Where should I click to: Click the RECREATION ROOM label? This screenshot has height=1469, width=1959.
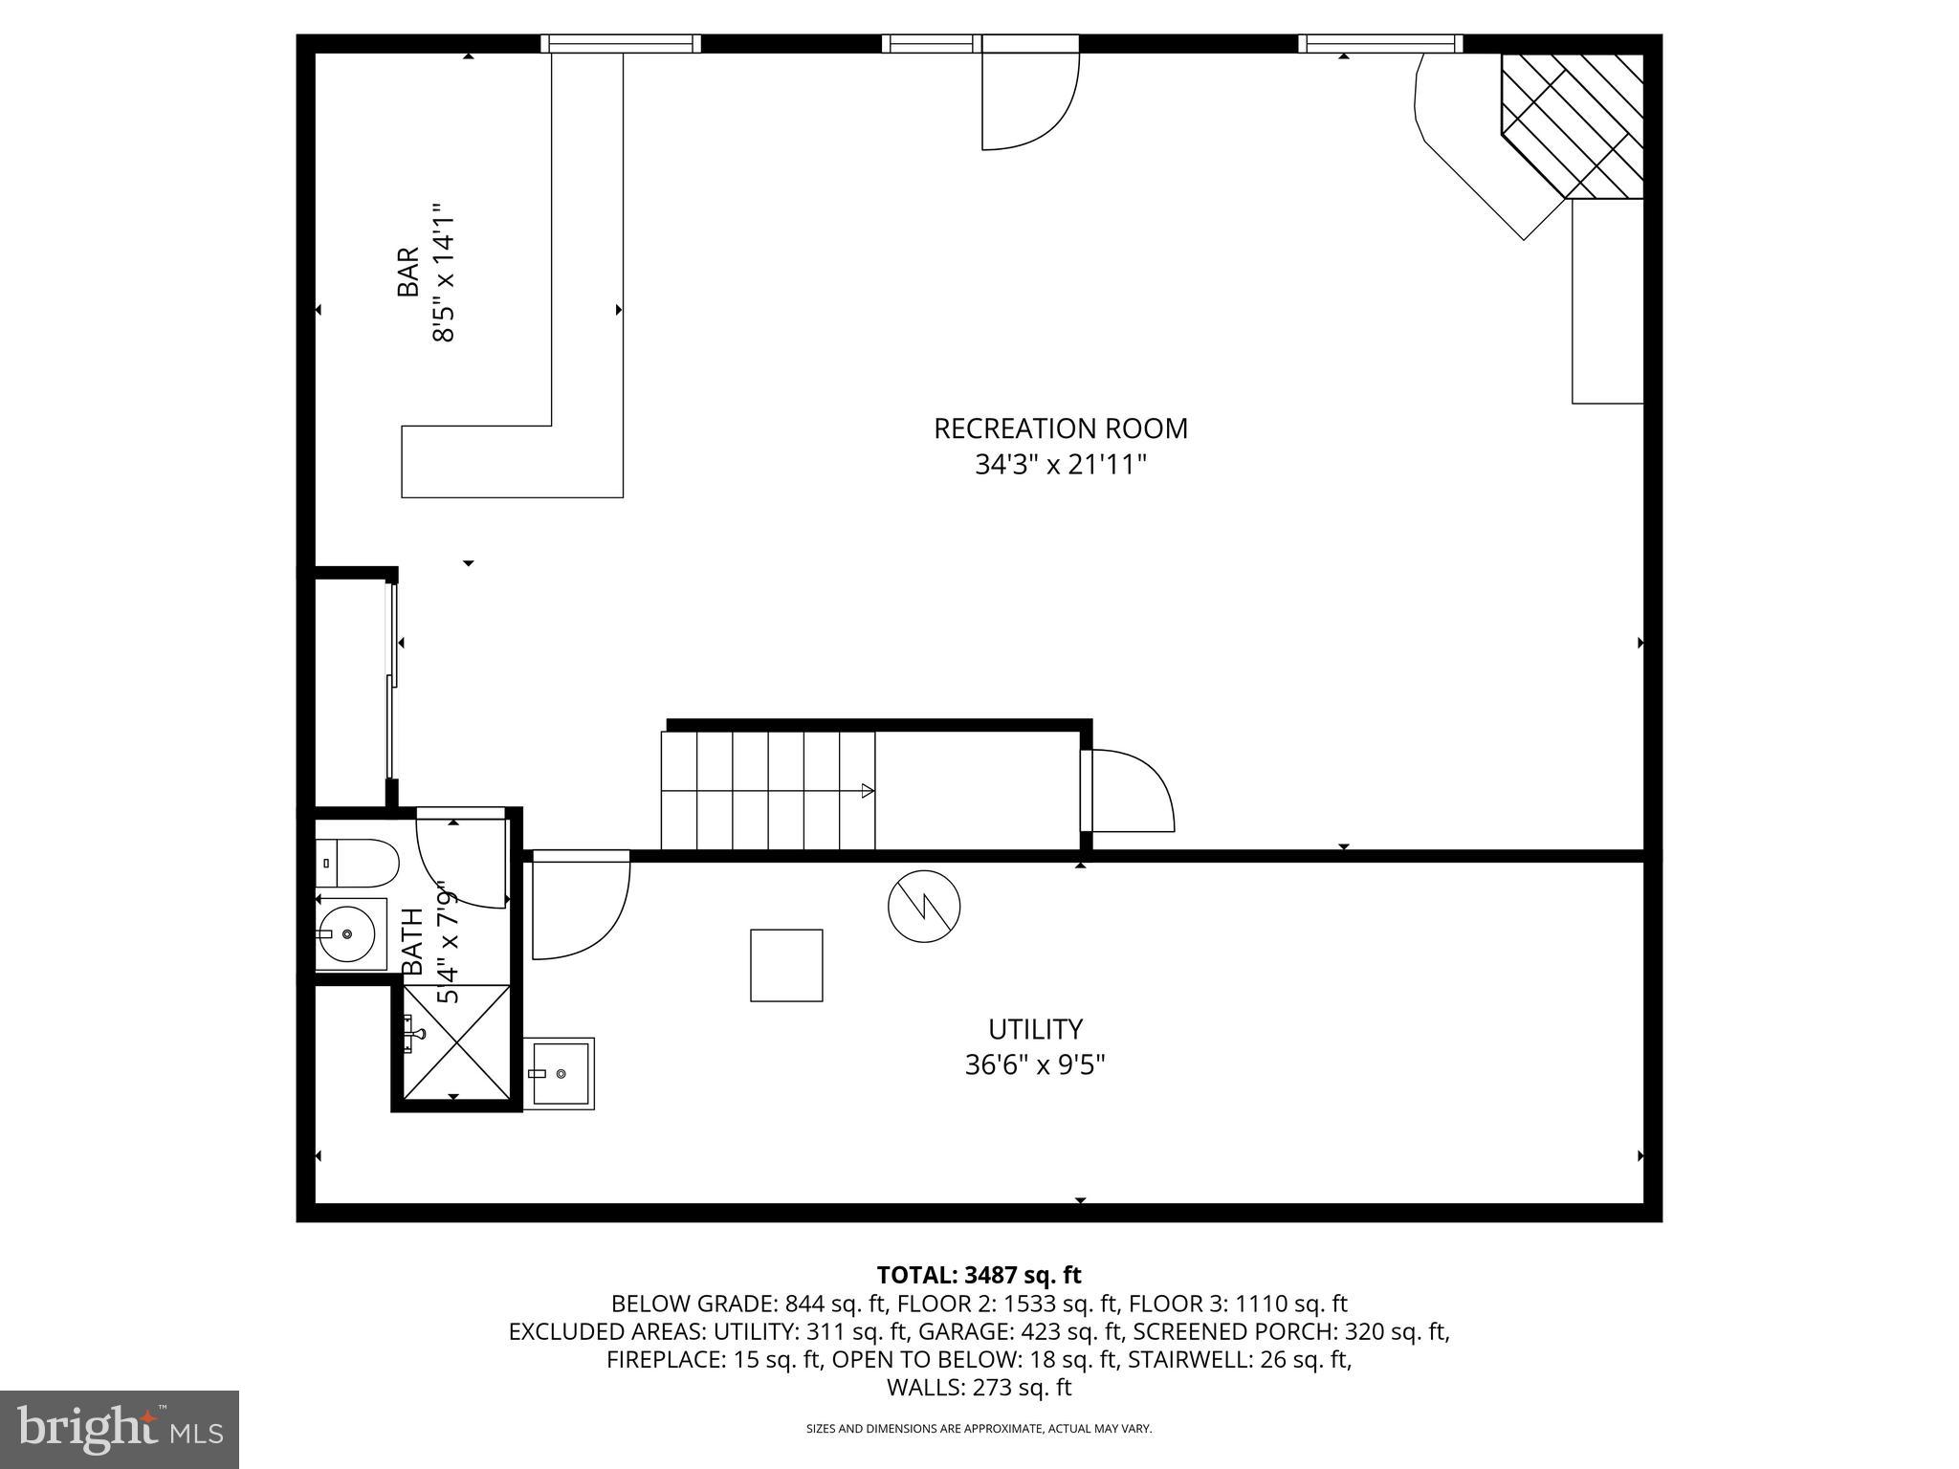(1060, 428)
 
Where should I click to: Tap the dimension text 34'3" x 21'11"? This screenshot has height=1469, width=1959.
(1060, 465)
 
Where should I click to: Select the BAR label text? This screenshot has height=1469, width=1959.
(408, 273)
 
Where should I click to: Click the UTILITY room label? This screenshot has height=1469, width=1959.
(1035, 1029)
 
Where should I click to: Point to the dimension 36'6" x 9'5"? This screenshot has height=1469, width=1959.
(1035, 1064)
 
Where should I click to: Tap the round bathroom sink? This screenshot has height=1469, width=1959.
(347, 932)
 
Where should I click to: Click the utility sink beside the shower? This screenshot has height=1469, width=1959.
(560, 1073)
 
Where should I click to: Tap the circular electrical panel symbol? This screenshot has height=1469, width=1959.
(924, 907)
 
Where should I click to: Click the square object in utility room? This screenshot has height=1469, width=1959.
(786, 965)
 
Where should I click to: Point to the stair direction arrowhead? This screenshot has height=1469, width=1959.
(868, 790)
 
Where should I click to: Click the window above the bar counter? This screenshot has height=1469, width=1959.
(620, 43)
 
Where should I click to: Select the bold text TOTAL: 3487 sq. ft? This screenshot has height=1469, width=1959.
(979, 1275)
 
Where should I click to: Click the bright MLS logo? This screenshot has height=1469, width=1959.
(120, 1429)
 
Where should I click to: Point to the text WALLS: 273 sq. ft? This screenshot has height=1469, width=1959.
(979, 1387)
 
